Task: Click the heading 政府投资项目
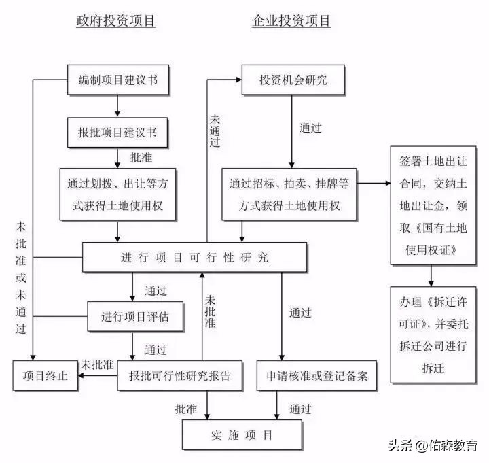tap(115, 21)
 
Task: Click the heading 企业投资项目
tap(291, 21)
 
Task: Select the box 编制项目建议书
tap(118, 80)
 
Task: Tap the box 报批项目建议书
tap(118, 132)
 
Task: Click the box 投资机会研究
tap(293, 80)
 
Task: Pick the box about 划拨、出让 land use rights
tap(118, 194)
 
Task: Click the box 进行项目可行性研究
tap(194, 258)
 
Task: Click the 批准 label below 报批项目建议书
tap(141, 157)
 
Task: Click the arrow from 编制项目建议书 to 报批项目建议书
tap(118, 105)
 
